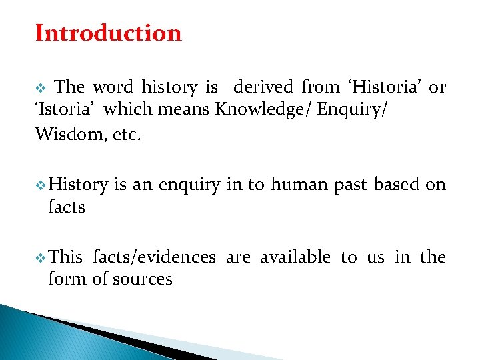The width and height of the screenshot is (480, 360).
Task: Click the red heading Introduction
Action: (x=108, y=33)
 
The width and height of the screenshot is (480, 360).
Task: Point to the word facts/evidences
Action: (x=154, y=257)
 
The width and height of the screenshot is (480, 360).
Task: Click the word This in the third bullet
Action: (x=66, y=257)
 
